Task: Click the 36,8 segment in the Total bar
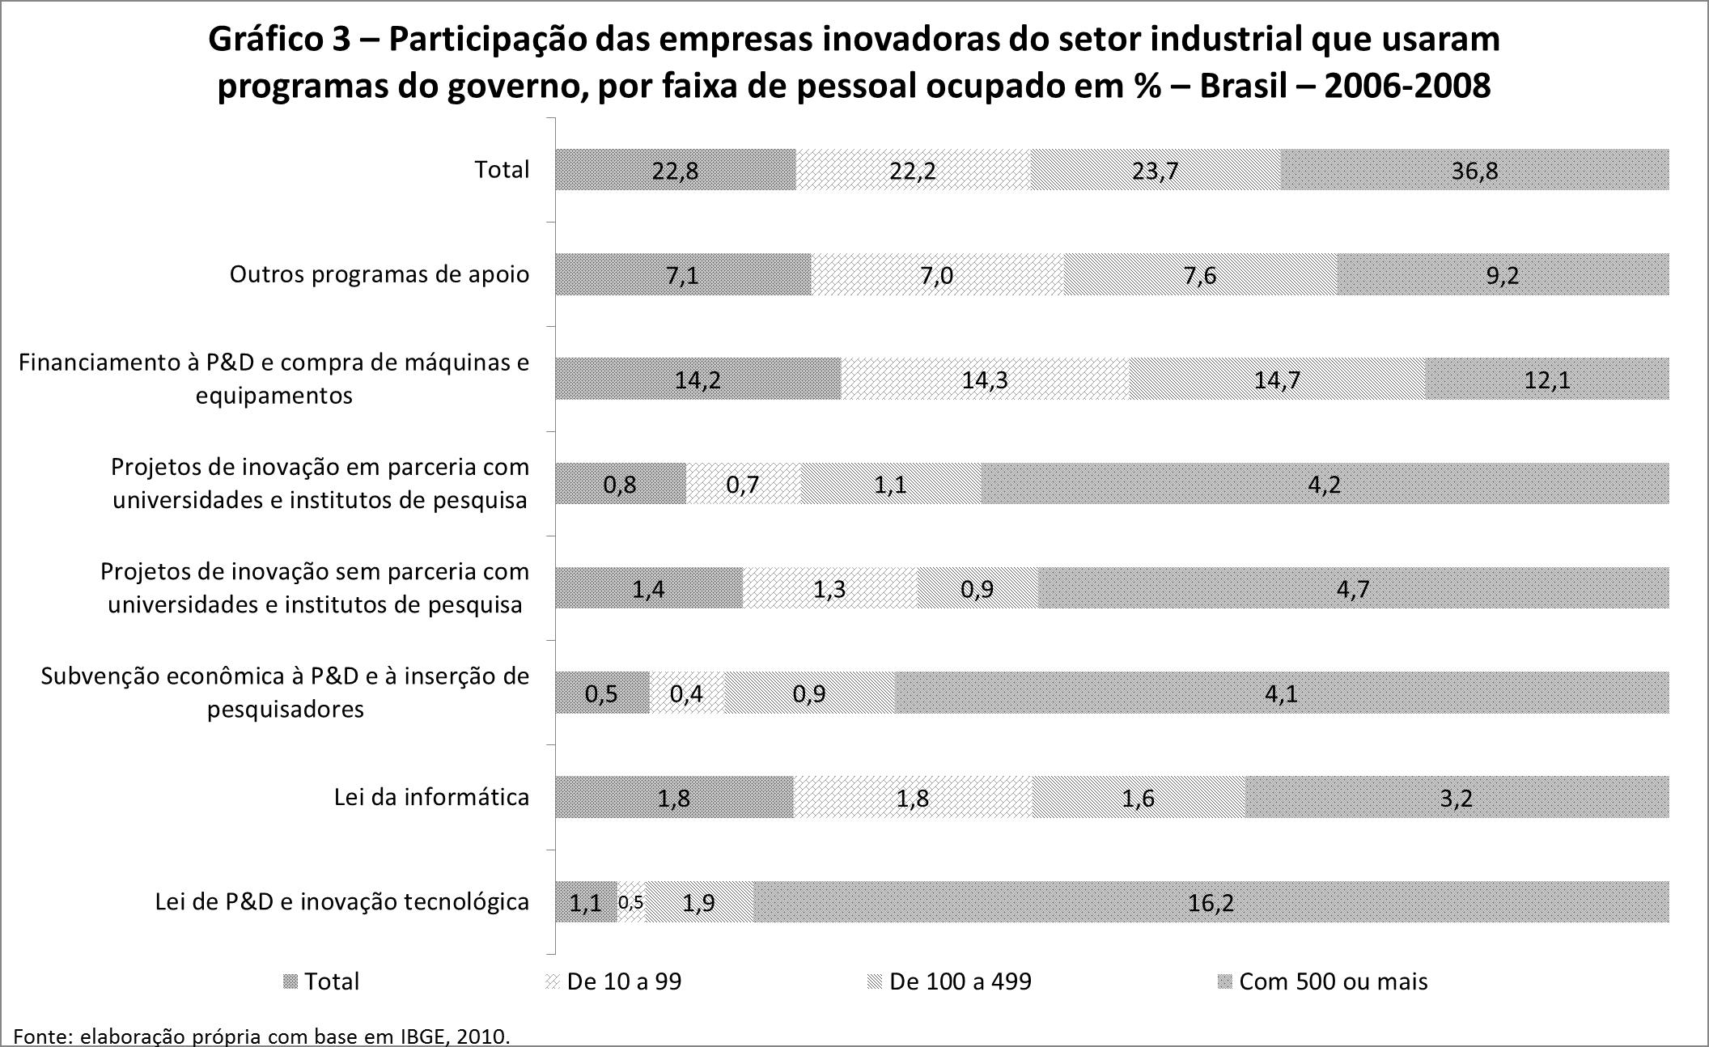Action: point(1474,170)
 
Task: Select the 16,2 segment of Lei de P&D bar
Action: point(1211,902)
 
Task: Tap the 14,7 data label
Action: point(1277,379)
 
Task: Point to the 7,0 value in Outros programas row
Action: point(936,275)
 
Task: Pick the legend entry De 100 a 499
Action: point(960,981)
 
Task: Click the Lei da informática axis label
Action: point(431,797)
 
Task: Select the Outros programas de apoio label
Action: point(380,274)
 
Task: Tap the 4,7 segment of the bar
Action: point(1353,588)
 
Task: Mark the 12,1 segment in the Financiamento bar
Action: point(1546,379)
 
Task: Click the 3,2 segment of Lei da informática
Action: point(1457,798)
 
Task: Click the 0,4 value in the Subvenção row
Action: point(686,693)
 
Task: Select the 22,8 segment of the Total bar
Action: point(675,170)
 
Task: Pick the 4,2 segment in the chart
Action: point(1325,484)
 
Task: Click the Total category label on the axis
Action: point(502,170)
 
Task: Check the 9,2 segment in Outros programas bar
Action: point(1503,275)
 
